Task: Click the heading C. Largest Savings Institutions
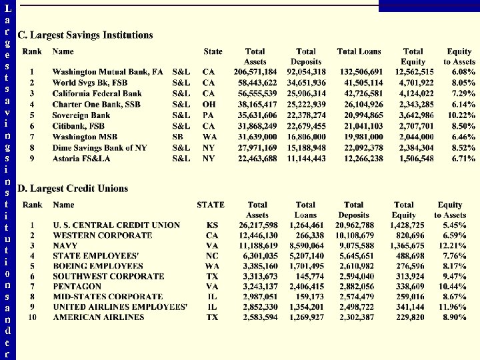(x=85, y=35)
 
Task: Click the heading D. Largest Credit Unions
(x=73, y=189)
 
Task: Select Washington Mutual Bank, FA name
(x=107, y=71)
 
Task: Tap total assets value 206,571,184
(x=255, y=71)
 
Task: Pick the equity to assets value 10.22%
(x=461, y=115)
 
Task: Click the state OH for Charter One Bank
(x=209, y=104)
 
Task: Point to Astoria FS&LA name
(x=82, y=159)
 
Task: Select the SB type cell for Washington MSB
(x=178, y=137)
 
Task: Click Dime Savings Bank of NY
(x=99, y=148)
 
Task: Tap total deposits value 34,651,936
(x=306, y=83)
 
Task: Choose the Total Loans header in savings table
(x=359, y=51)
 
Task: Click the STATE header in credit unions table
(x=210, y=205)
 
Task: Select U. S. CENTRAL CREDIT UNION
(x=117, y=225)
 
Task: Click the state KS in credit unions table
(x=212, y=225)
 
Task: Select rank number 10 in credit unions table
(x=32, y=317)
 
